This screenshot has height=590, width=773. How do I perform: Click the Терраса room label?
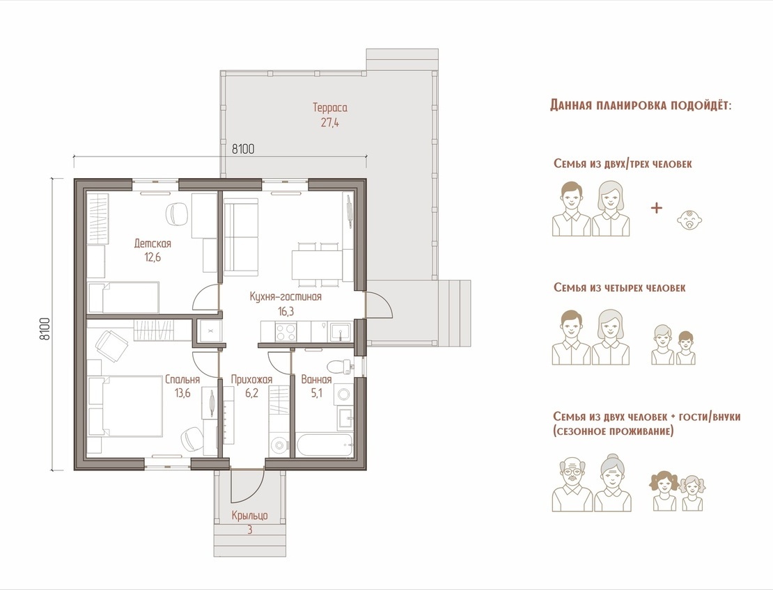(330, 107)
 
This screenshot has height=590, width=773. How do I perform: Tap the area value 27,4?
(330, 122)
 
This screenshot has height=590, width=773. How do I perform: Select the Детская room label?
(153, 244)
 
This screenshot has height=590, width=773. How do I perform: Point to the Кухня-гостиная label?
(286, 296)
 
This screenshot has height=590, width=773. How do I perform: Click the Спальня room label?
(182, 379)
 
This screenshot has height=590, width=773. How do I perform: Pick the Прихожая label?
(251, 379)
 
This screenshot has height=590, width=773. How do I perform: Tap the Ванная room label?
(316, 379)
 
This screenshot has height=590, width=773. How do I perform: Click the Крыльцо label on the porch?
(250, 515)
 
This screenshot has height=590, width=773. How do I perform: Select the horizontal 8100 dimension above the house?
(243, 148)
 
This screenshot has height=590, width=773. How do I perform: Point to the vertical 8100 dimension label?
(45, 328)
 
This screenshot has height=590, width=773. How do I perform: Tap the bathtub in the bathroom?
(325, 445)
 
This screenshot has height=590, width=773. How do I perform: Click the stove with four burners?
(286, 330)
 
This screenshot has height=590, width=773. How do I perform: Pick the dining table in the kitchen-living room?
(316, 264)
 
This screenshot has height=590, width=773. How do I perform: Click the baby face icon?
(689, 220)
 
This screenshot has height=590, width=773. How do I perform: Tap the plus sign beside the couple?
(656, 208)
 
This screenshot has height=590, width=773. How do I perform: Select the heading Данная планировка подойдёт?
(641, 105)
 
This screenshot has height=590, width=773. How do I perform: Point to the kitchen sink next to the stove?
(340, 331)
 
